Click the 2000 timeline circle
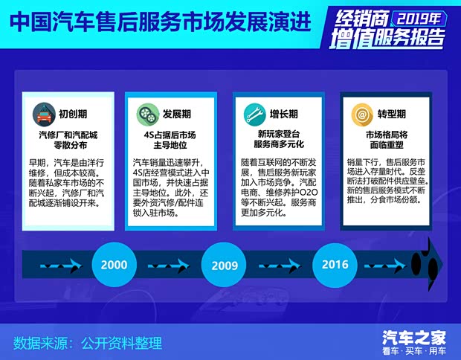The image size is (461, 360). (x=114, y=264)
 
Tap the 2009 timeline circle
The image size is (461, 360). (x=225, y=265)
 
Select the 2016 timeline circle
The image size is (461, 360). (x=335, y=264)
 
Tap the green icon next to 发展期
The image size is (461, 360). (x=146, y=115)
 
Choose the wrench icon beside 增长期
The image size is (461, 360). (x=253, y=115)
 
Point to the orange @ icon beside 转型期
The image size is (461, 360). (x=361, y=115)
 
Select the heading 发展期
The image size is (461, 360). (x=177, y=115)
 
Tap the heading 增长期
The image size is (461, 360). (x=283, y=115)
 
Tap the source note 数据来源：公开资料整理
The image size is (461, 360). (x=88, y=343)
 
